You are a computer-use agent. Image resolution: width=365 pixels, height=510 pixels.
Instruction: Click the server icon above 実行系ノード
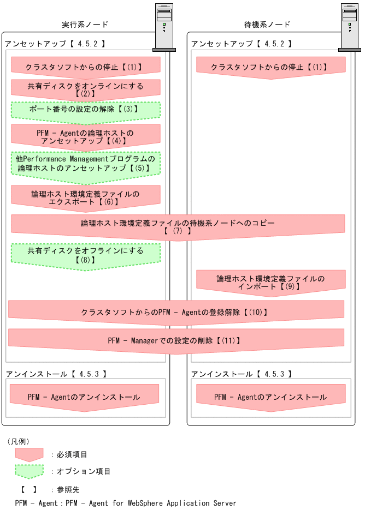[x=164, y=27]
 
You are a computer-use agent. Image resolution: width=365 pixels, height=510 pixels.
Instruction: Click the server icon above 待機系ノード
[x=350, y=27]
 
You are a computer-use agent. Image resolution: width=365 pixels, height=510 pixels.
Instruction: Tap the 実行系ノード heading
[x=85, y=25]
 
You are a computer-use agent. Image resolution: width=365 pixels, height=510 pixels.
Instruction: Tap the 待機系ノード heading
[x=267, y=25]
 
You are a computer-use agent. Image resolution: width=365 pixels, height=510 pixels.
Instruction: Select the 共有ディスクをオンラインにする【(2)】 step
[x=85, y=89]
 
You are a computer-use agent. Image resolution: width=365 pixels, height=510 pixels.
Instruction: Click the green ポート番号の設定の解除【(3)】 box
[x=85, y=109]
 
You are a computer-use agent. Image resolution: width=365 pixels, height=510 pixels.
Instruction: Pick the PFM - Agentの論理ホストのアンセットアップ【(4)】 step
[x=85, y=136]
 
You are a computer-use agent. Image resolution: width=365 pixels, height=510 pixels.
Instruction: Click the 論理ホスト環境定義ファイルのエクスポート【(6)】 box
[x=85, y=197]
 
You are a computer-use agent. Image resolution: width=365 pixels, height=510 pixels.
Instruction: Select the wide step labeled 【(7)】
[x=178, y=226]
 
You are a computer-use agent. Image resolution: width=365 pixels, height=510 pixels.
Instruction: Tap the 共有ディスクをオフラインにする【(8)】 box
[x=85, y=255]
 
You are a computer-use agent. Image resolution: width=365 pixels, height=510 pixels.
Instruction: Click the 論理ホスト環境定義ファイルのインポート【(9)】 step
[x=270, y=282]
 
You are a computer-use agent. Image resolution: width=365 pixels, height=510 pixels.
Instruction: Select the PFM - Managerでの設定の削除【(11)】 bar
[x=176, y=340]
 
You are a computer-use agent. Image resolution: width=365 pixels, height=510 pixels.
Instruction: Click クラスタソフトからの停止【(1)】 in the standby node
[x=270, y=67]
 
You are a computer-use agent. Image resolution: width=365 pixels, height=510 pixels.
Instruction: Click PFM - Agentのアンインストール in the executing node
[x=84, y=397]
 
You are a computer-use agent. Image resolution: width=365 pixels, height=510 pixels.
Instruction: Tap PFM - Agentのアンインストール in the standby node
[x=270, y=397]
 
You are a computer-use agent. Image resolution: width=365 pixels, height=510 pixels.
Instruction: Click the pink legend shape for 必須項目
[x=29, y=454]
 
